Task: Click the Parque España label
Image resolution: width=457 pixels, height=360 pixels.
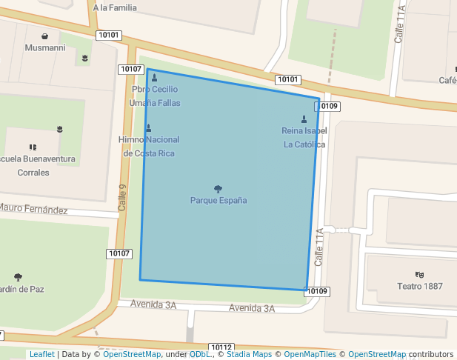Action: point(219,201)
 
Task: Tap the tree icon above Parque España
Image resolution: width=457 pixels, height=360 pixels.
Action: point(218,189)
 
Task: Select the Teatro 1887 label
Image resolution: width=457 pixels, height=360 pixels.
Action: point(420,286)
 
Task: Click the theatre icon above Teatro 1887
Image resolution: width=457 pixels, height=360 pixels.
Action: point(419,275)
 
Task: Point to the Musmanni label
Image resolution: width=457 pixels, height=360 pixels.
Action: point(45,47)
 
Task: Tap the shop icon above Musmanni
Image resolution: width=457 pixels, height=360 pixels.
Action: point(45,36)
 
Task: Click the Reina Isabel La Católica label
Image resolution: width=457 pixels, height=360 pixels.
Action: point(304,138)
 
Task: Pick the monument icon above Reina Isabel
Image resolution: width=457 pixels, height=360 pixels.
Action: point(304,119)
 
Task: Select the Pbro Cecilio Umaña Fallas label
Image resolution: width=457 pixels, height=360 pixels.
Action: point(155,96)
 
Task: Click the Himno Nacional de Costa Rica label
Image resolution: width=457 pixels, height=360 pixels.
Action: point(149,147)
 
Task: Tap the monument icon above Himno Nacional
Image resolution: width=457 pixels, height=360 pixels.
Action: point(149,128)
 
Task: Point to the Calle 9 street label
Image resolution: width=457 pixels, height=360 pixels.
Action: point(124,196)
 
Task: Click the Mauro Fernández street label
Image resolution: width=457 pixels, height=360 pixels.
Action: point(33,210)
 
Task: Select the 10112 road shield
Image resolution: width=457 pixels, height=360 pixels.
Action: point(222,347)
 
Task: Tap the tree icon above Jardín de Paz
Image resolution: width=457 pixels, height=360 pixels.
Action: point(18,278)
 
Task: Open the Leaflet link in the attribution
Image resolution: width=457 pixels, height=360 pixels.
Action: point(41,355)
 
